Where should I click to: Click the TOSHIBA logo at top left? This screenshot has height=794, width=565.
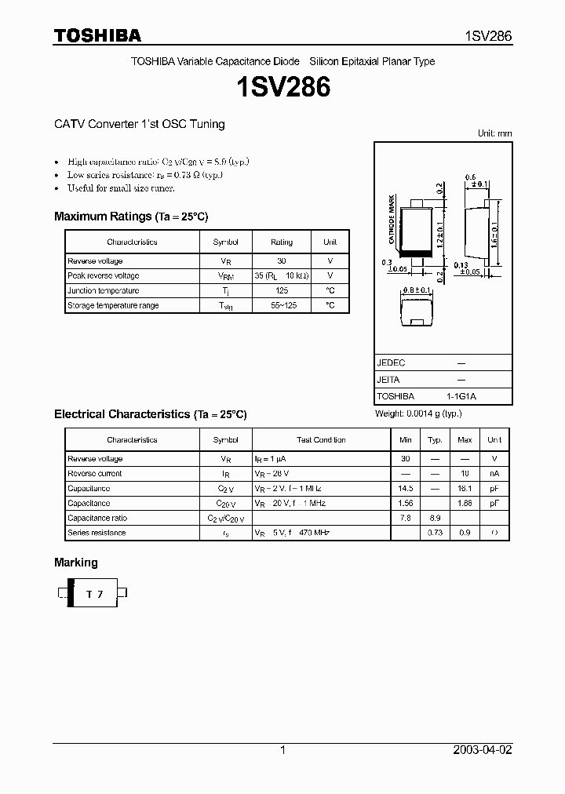(97, 35)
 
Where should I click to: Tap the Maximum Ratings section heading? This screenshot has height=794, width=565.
(131, 217)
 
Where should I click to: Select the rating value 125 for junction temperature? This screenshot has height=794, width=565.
(281, 290)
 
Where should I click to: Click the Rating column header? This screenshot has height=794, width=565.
(281, 242)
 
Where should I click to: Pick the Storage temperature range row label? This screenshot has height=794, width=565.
(113, 305)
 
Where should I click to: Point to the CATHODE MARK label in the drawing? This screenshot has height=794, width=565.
(392, 222)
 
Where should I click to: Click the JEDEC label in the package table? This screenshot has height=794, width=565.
(391, 363)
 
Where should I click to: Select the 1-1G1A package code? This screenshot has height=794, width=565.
(461, 396)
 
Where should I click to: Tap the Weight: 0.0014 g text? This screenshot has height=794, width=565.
(418, 413)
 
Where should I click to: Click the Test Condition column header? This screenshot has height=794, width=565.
(321, 440)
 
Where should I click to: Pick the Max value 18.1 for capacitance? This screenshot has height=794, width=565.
(465, 488)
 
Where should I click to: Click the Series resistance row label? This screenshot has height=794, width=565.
(97, 533)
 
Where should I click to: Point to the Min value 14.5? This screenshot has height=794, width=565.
(406, 488)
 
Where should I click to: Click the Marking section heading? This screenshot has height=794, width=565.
(76, 563)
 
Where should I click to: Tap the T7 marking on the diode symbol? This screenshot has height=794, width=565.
(94, 595)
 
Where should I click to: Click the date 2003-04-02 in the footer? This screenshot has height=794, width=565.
(483, 750)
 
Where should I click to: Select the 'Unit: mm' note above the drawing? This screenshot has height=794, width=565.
(494, 133)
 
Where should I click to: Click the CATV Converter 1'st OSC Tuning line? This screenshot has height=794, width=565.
(140, 124)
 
